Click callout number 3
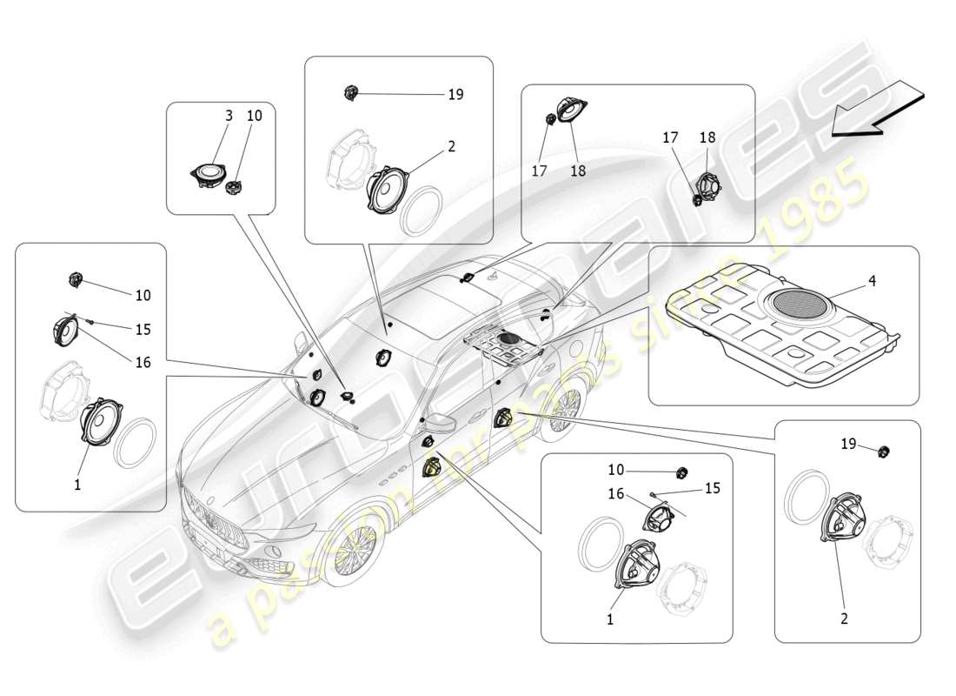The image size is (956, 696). (x=229, y=116)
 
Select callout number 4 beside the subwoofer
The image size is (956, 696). (x=871, y=281)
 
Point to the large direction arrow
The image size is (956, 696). (x=878, y=109)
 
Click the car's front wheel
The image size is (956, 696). (x=355, y=552)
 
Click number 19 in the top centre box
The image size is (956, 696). (x=455, y=94)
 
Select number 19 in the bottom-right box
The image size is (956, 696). (x=848, y=444)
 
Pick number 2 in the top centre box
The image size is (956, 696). (x=451, y=147)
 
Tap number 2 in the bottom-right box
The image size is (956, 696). (x=844, y=619)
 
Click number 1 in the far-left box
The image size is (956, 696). (x=77, y=485)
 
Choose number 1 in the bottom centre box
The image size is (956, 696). (x=609, y=619)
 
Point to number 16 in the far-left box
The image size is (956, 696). (x=143, y=362)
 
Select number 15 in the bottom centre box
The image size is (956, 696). (x=712, y=488)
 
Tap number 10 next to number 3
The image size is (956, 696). (x=254, y=116)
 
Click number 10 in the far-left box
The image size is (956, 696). (x=143, y=296)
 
